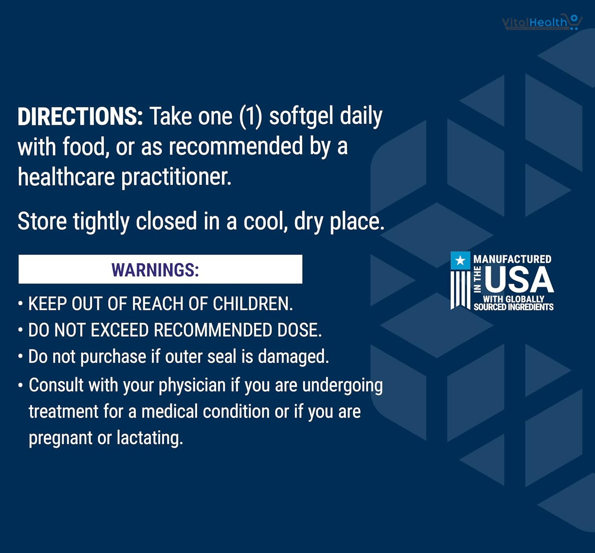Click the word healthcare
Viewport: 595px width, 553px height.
point(66,177)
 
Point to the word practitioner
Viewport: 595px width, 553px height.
point(176,178)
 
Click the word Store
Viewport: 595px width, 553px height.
point(42,221)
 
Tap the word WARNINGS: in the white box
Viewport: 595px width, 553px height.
point(155,270)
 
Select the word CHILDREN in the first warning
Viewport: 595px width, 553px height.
point(253,304)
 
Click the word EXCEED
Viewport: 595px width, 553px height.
point(120,330)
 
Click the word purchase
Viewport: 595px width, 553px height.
point(113,357)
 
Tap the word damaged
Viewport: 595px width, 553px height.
point(293,357)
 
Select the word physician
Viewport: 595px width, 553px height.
point(192,385)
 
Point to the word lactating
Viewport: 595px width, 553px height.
point(150,438)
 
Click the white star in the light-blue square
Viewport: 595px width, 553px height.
point(461,260)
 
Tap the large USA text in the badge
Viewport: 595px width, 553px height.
point(519,279)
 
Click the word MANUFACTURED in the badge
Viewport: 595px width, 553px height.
point(512,259)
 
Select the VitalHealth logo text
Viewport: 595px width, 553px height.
point(534,23)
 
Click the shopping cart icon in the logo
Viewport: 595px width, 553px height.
point(574,21)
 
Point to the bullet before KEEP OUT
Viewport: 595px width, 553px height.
point(20,304)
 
